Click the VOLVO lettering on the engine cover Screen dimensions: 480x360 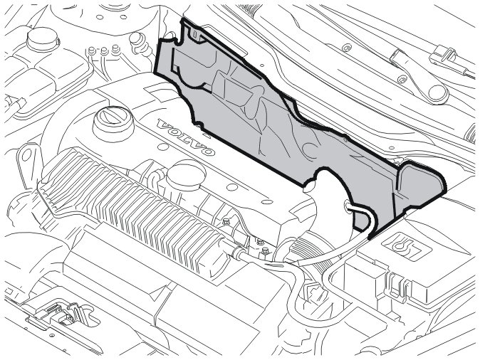click(185, 137)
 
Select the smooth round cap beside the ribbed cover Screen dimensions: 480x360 click(186, 175)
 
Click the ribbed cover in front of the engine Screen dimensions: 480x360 click(132, 208)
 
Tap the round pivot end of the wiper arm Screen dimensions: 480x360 click(438, 94)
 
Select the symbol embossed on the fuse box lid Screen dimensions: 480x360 click(400, 245)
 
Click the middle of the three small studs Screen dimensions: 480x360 click(104, 51)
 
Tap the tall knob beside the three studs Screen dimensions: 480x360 click(138, 43)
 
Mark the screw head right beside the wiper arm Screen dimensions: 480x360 click(402, 80)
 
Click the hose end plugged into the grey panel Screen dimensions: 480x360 click(349, 206)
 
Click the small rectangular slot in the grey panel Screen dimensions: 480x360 click(196, 34)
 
